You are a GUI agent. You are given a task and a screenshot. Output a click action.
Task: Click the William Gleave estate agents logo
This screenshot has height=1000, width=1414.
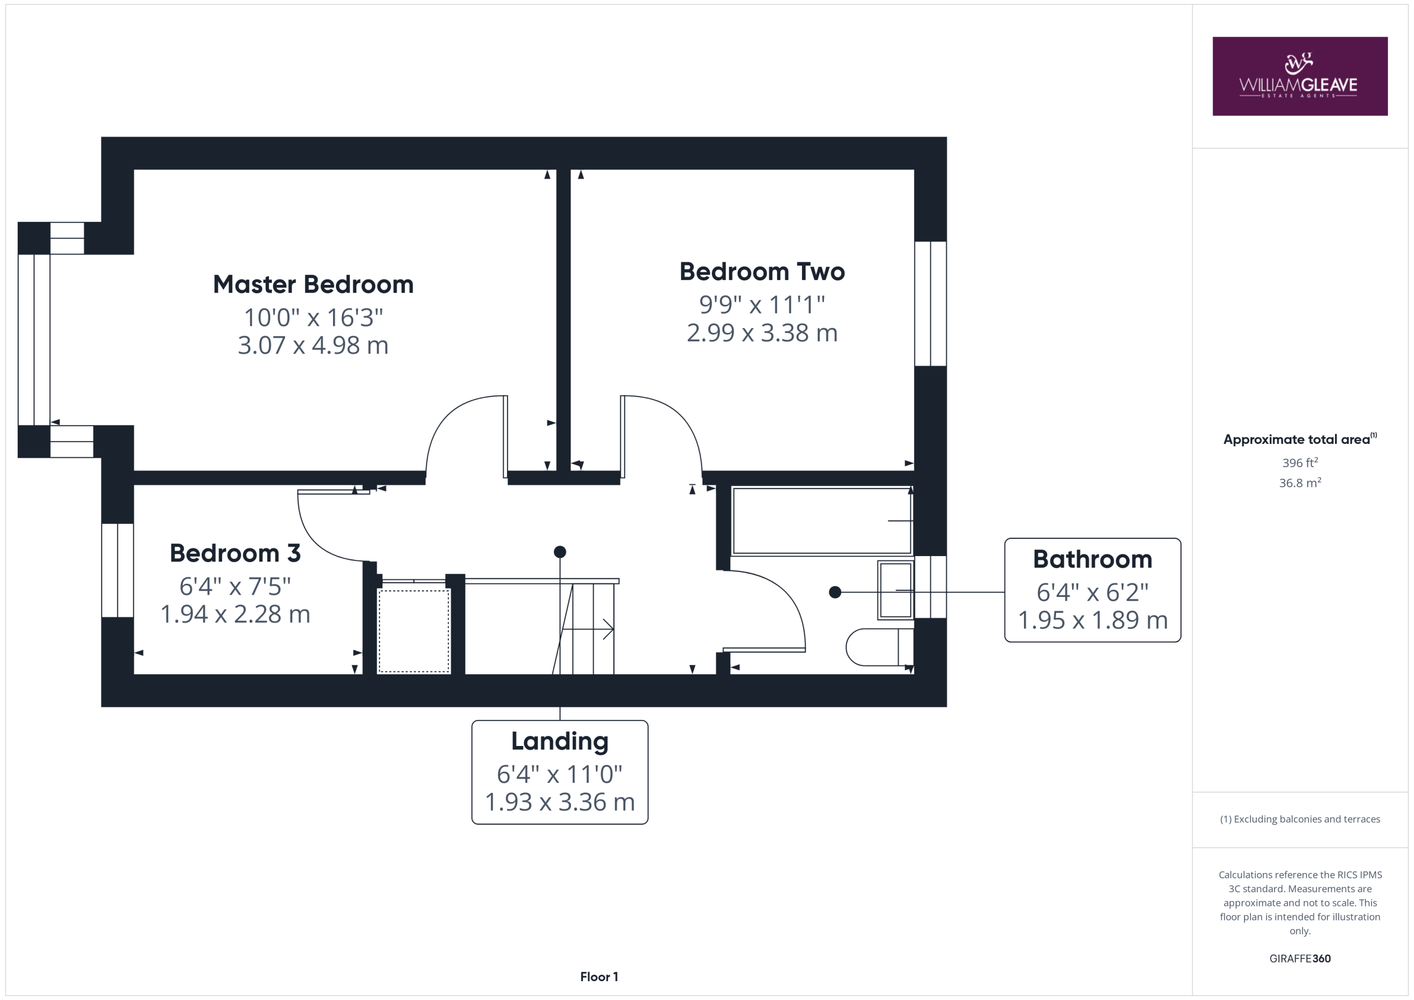click(1300, 76)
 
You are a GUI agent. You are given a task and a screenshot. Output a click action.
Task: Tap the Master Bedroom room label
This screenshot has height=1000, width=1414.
click(313, 284)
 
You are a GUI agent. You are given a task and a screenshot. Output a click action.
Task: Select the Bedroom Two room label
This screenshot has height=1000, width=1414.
click(762, 272)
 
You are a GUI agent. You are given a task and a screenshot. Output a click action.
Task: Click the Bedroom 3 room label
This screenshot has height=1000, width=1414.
click(235, 553)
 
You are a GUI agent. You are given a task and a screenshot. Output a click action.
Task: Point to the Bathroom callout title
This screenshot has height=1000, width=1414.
click(1093, 559)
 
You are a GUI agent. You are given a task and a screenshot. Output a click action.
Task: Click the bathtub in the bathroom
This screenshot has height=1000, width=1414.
click(822, 521)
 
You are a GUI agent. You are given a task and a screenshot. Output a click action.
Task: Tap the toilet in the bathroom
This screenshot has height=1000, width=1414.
click(879, 647)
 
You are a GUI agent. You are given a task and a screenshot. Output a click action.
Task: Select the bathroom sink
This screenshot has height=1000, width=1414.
click(895, 590)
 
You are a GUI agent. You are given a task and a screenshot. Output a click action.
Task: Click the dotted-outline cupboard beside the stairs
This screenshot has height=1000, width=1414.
click(414, 631)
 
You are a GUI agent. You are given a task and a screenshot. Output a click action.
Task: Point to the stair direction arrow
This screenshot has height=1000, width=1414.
click(588, 629)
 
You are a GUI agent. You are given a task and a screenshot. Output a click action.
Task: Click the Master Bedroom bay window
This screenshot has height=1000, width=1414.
click(34, 340)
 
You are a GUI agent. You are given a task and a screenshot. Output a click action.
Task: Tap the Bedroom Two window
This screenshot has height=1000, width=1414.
click(930, 304)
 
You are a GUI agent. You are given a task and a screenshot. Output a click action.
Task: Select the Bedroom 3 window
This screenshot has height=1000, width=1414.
click(118, 570)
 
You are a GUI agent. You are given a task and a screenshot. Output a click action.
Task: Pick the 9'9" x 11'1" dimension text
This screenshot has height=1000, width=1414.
click(762, 304)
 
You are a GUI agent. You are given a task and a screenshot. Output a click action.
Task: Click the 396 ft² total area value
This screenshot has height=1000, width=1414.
click(1300, 462)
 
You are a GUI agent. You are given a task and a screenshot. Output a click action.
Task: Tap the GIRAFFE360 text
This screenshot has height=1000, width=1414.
click(1300, 958)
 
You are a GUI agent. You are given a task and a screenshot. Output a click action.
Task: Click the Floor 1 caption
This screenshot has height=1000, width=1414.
click(599, 977)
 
